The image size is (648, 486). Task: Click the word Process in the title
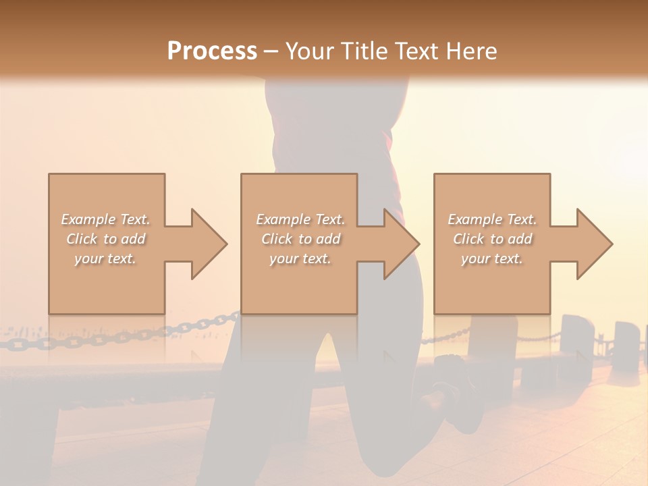[x=212, y=51]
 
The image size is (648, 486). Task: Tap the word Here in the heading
[x=473, y=51]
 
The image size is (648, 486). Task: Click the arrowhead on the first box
[x=208, y=244]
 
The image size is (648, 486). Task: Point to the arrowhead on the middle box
[x=401, y=244]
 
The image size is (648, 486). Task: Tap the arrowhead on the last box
[x=594, y=244]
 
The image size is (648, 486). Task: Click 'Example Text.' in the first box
[x=106, y=219]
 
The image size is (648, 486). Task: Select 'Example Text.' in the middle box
[x=300, y=219]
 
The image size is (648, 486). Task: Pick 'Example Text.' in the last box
[x=492, y=219]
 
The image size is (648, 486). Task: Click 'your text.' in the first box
[x=106, y=259]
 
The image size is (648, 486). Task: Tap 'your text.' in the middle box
[x=300, y=259]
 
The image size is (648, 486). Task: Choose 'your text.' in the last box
[x=492, y=259]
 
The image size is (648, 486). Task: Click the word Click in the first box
[x=82, y=239]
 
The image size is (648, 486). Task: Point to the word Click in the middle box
[x=277, y=239]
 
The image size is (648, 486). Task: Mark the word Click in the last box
[x=468, y=239]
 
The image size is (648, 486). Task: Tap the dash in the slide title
[x=271, y=51]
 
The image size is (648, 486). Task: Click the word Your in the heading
[x=308, y=51]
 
